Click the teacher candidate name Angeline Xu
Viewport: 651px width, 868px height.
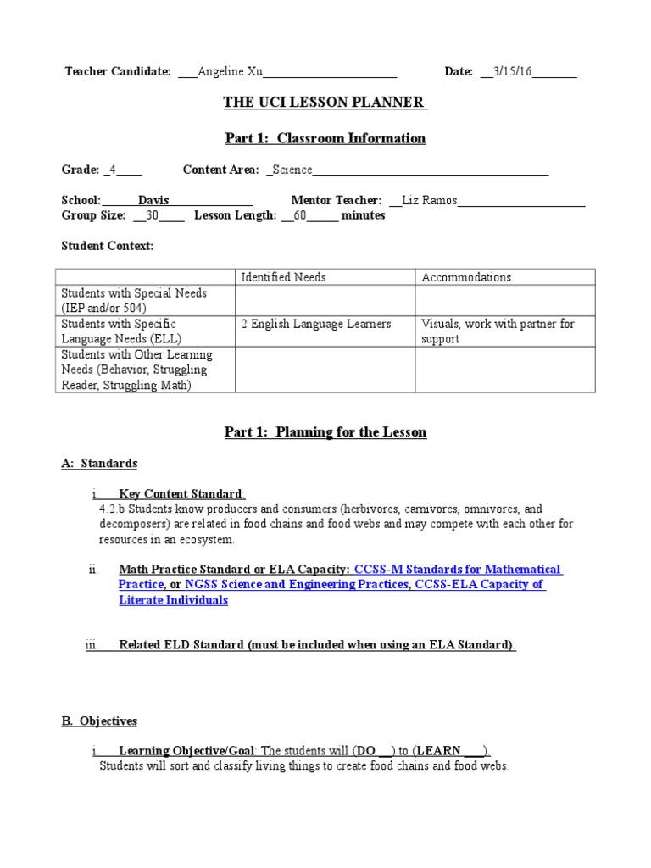click(231, 72)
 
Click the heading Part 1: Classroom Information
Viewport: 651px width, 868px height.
click(325, 138)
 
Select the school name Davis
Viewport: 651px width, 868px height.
click(153, 201)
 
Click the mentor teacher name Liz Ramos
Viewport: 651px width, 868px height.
click(429, 201)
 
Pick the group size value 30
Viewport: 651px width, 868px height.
click(153, 215)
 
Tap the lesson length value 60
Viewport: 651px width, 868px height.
click(299, 215)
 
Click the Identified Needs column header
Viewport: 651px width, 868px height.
click(283, 277)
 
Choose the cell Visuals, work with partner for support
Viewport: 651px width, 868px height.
click(497, 331)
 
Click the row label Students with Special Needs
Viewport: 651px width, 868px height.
click(134, 292)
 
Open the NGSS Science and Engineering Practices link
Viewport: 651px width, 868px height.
click(298, 585)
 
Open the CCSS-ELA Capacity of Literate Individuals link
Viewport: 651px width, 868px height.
click(479, 585)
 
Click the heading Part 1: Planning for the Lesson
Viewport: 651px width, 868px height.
click(325, 432)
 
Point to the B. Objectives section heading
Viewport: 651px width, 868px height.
click(99, 721)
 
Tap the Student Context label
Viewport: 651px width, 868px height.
click(108, 246)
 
